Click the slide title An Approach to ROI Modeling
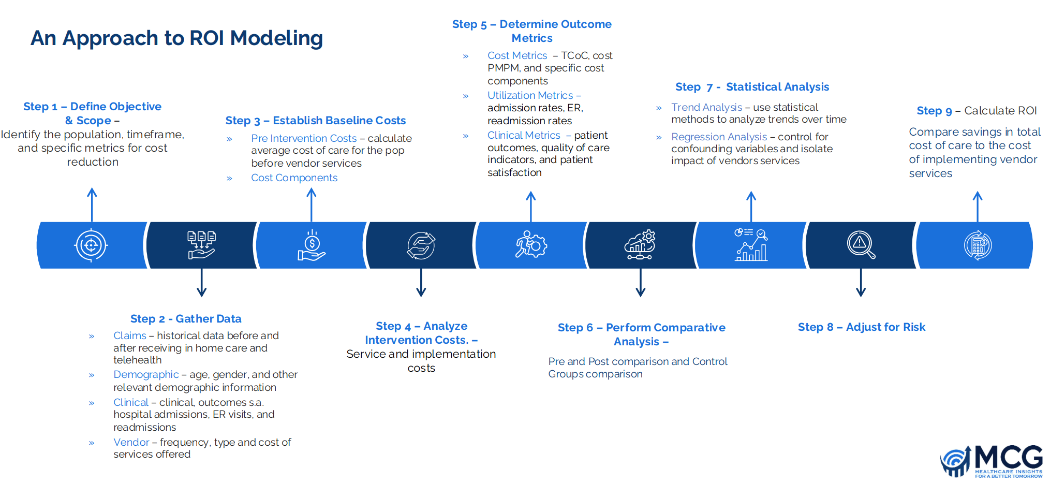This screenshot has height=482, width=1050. [176, 38]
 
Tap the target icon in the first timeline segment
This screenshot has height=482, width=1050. [91, 245]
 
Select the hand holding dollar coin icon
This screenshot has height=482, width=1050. [311, 245]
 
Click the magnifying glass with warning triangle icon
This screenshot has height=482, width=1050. [861, 245]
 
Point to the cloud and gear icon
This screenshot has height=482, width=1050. [640, 245]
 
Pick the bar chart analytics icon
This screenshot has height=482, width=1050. [751, 245]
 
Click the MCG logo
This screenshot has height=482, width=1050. [991, 461]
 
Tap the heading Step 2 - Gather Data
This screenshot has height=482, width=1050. [186, 319]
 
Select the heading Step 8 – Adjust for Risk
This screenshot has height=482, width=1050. [861, 327]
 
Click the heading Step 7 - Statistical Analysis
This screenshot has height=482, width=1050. [752, 87]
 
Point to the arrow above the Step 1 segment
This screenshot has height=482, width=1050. [92, 205]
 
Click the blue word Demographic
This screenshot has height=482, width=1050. [146, 374]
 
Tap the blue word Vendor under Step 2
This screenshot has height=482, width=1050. [131, 442]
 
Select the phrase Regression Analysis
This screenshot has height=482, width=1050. [719, 137]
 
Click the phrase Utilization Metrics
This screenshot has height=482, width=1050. [530, 95]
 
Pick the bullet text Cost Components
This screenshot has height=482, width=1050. [294, 178]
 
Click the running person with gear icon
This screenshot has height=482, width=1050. [530, 245]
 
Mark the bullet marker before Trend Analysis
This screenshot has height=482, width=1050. [659, 108]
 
